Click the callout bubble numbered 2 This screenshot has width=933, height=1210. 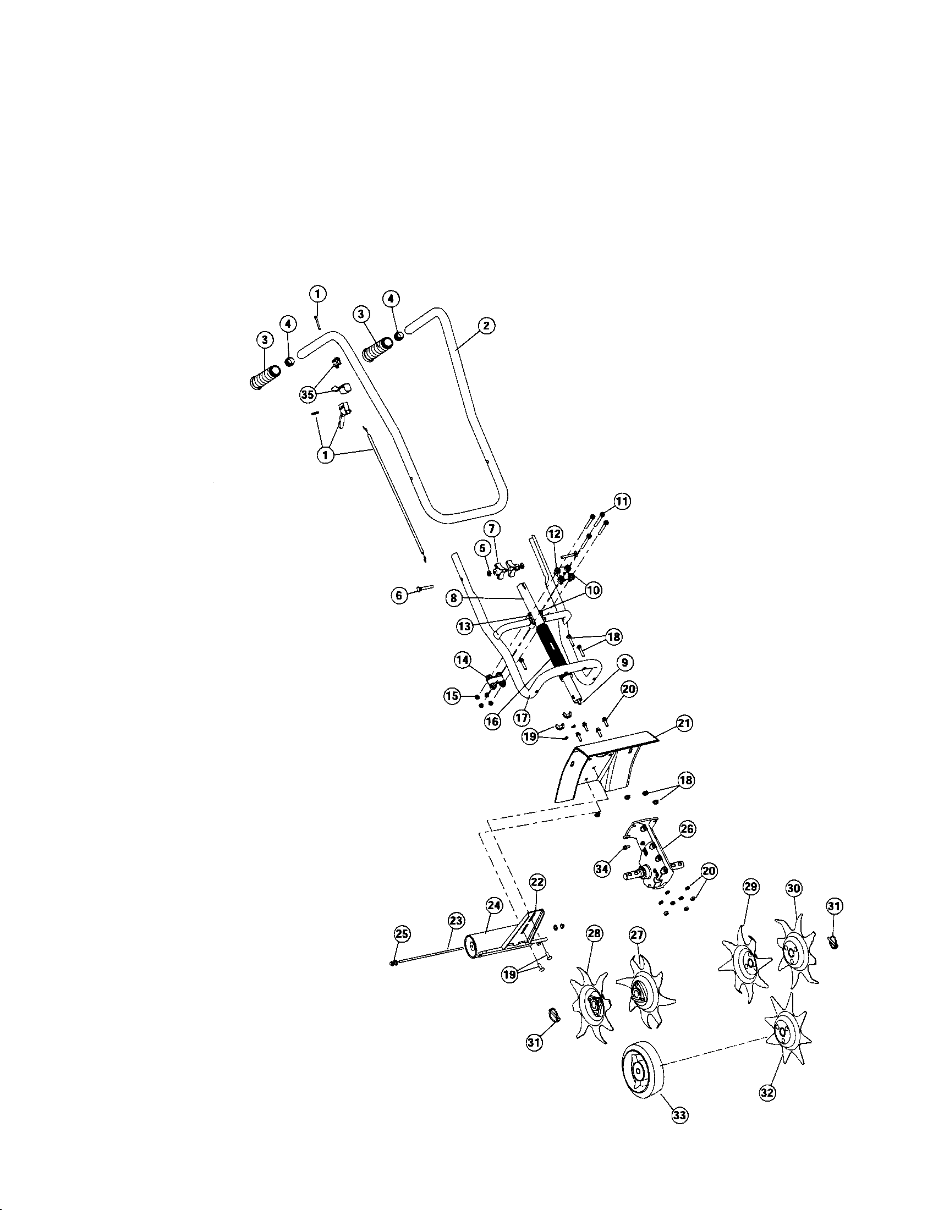coord(485,326)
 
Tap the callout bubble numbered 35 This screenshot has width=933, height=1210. coord(307,394)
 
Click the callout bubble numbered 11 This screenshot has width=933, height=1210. coord(622,501)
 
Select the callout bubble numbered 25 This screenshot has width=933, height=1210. coord(402,933)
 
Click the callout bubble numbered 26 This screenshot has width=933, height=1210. coord(687,829)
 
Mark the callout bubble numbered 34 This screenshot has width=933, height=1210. coord(602,868)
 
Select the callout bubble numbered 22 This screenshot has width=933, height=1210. coord(537,882)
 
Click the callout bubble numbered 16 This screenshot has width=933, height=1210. coord(492,721)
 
